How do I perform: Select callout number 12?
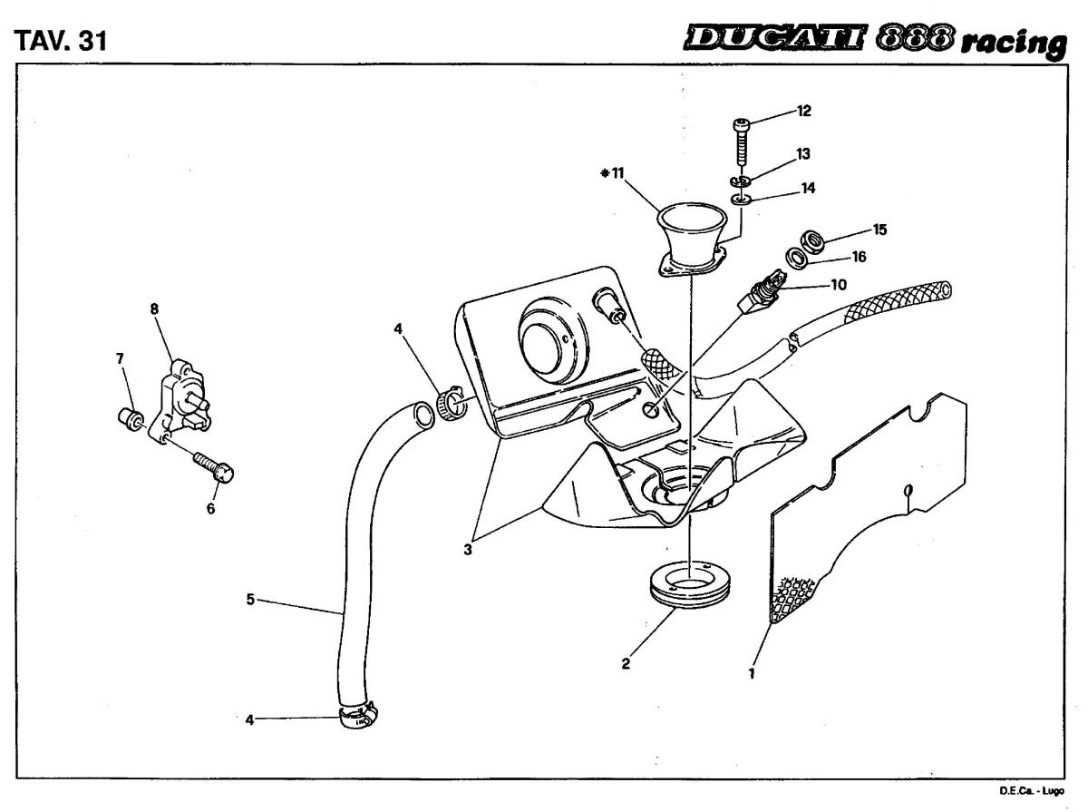(x=803, y=111)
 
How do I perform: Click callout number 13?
(x=802, y=153)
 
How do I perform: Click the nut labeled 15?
(x=813, y=241)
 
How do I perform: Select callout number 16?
(x=859, y=257)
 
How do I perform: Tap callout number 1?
(x=752, y=673)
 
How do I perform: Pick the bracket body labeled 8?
(x=181, y=399)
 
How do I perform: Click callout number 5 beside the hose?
(x=250, y=599)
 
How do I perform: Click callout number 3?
(x=468, y=549)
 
